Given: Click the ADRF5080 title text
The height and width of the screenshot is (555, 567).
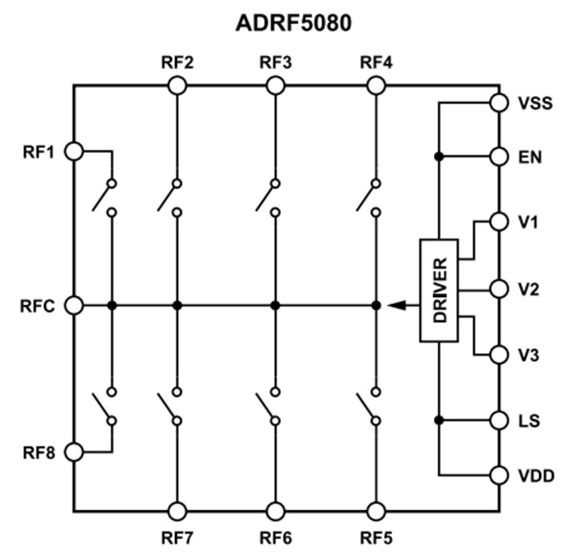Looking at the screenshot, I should coord(293,24).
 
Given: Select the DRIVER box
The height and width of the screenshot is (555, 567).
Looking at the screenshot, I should coord(439,291).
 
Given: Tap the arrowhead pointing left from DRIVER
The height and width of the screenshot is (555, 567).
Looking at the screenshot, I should coord(396,305).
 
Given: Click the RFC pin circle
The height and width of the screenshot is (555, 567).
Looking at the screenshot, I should coord(74,305).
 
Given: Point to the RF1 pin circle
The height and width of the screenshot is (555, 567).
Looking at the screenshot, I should coord(74,152).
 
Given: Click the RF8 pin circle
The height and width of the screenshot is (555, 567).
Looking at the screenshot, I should coord(74,452).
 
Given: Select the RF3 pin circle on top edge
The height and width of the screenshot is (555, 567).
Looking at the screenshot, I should coord(276,86).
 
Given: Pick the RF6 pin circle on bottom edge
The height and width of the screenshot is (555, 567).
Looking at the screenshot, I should coord(276,511).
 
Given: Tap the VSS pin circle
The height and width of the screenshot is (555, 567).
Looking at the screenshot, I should coord(499,103).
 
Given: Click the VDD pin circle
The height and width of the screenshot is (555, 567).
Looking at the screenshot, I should coord(499,475).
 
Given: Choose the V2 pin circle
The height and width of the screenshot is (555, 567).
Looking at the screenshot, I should coord(499,289).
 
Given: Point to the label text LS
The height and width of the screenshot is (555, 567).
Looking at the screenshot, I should coord(530,422).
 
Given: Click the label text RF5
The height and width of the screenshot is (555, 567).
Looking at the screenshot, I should coord(376,537).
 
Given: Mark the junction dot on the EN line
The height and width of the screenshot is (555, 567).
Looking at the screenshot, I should coord(439,156).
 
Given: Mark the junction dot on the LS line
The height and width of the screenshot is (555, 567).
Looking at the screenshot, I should coord(439,421).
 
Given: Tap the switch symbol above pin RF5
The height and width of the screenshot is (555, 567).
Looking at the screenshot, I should coord(367,406).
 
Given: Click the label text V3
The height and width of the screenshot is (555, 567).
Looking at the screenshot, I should coord(530,356).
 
